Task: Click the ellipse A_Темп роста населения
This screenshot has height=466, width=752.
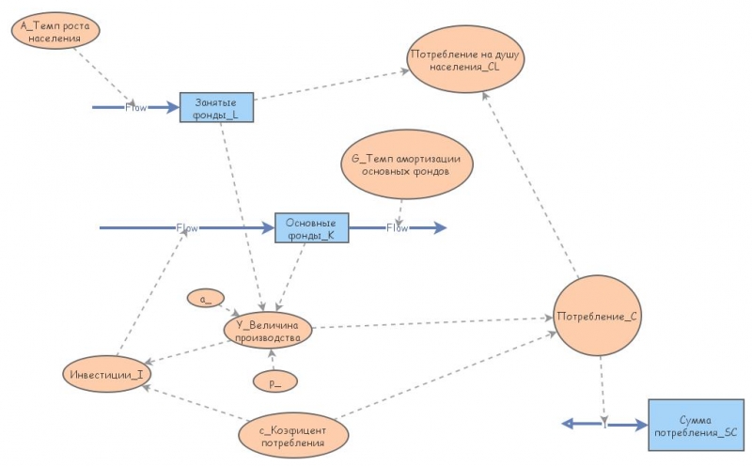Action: click(55, 31)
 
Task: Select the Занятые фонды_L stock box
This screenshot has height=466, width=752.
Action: click(216, 107)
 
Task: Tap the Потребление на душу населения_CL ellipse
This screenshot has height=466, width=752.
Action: click(465, 59)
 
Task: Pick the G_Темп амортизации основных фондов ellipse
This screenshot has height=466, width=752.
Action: click(407, 164)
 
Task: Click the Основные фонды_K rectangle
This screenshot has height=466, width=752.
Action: click(312, 227)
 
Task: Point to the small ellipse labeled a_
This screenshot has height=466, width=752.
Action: click(206, 298)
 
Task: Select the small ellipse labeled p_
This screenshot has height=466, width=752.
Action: click(275, 381)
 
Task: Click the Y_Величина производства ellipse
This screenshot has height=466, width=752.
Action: click(268, 331)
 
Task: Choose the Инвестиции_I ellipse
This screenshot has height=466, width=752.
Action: click(107, 374)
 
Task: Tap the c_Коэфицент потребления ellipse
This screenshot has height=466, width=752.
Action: click(293, 436)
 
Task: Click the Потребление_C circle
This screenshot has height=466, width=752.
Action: click(597, 316)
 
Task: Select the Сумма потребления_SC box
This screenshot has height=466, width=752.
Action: click(697, 425)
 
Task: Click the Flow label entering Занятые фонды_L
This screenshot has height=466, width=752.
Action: click(135, 107)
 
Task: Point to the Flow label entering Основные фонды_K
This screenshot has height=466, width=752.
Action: click(187, 227)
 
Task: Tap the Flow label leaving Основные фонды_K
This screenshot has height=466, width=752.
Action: click(397, 227)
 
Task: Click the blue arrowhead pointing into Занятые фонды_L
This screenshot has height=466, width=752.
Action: click(172, 107)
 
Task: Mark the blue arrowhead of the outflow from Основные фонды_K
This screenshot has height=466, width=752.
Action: click(439, 227)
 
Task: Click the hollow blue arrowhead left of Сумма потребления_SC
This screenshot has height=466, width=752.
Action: click(568, 424)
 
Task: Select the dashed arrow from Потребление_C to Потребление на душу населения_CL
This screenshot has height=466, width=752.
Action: click(530, 185)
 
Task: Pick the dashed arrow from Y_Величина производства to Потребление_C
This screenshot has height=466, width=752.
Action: click(432, 322)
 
